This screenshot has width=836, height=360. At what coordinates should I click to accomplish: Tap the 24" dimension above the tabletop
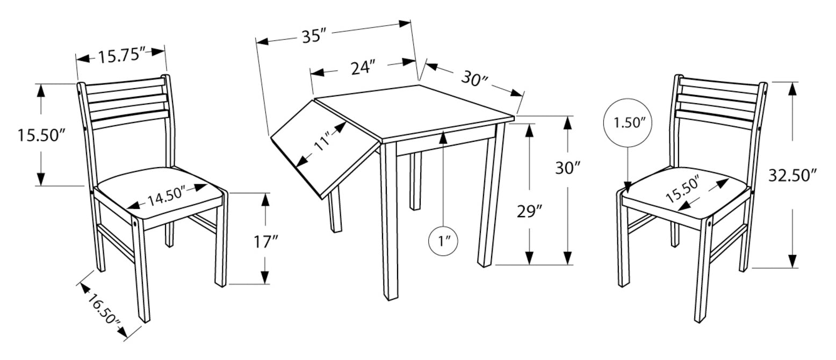[362, 67]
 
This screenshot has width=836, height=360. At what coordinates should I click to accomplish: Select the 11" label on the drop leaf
[322, 140]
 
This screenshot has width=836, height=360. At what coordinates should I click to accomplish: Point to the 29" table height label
[529, 211]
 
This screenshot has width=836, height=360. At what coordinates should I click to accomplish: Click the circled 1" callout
[443, 241]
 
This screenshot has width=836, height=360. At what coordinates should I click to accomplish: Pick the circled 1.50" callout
[628, 123]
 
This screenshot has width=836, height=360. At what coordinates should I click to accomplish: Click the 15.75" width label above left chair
[121, 56]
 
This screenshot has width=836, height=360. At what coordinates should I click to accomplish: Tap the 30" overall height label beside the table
[568, 168]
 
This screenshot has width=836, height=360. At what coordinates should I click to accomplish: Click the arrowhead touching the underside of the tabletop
[443, 138]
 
